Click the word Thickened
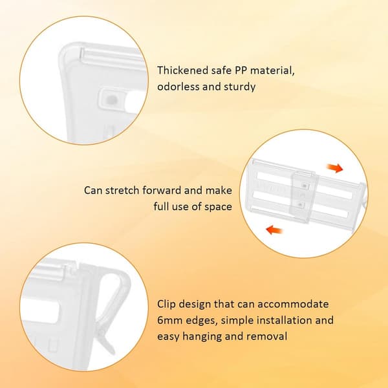(182, 70)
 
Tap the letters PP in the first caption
(241, 70)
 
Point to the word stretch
(123, 190)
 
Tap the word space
(219, 207)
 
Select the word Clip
(166, 304)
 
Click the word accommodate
(293, 304)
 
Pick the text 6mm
(169, 320)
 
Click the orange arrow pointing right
(335, 168)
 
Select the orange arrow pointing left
(274, 230)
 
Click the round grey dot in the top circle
(111, 100)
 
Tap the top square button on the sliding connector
(305, 186)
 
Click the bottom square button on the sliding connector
(301, 204)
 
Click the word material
(272, 70)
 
